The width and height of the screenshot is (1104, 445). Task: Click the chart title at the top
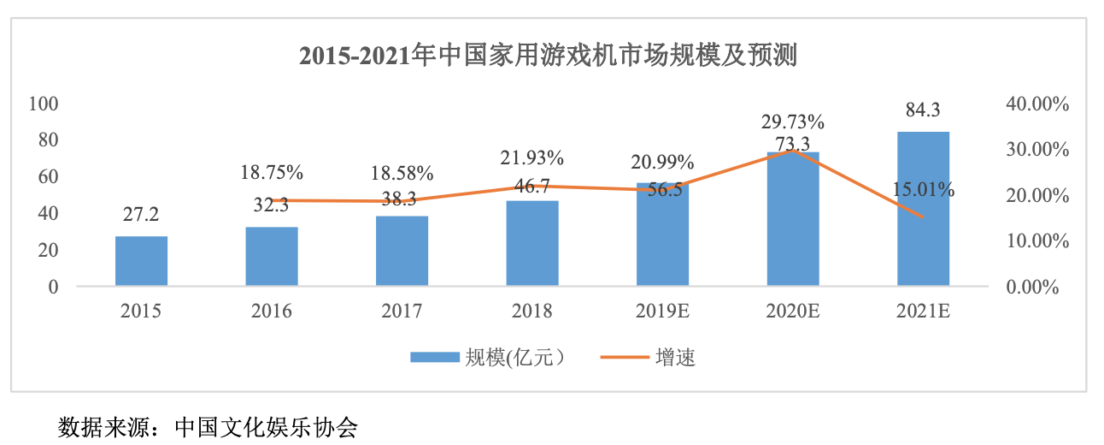pos(548,56)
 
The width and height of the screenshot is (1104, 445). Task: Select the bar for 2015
pos(141,260)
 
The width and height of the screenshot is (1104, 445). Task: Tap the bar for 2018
pos(531,243)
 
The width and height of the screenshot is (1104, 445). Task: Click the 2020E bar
pos(792,219)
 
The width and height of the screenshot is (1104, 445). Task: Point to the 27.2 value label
pos(141,213)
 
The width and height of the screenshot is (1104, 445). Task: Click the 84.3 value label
pos(923,110)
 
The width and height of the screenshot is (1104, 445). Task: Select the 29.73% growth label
pos(792,121)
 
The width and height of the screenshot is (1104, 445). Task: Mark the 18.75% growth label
pos(272,172)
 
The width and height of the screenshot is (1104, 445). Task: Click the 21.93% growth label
pos(531,157)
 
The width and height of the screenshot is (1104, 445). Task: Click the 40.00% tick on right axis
pos(1038,104)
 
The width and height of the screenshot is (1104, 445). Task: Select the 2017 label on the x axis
pos(402,311)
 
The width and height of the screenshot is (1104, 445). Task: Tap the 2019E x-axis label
pos(662,311)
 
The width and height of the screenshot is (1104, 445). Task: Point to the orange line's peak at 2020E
pos(792,151)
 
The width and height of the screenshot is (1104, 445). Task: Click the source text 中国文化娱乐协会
pos(266,426)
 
